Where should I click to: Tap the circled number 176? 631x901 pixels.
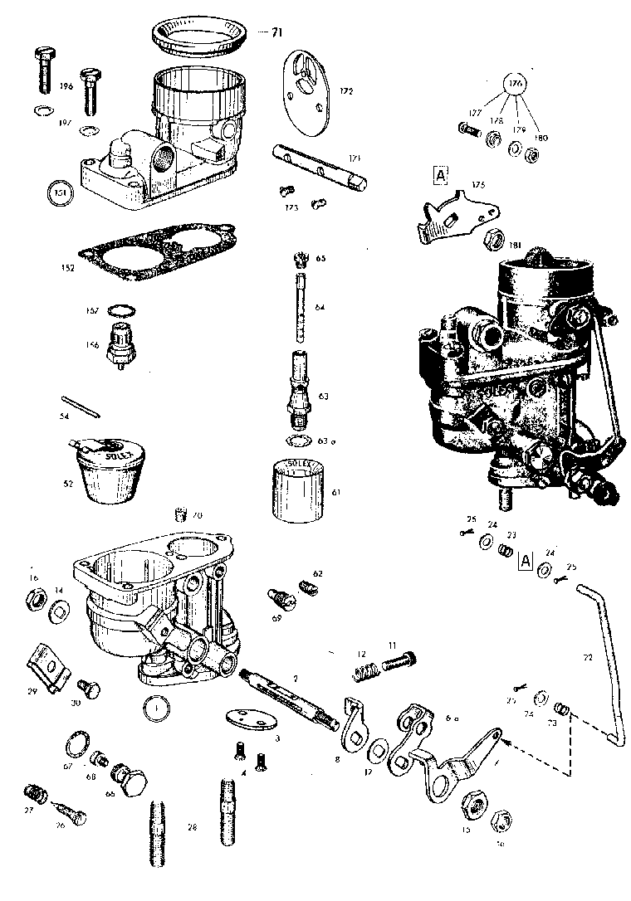point(516,85)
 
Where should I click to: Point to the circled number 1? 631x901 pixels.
point(155,708)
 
